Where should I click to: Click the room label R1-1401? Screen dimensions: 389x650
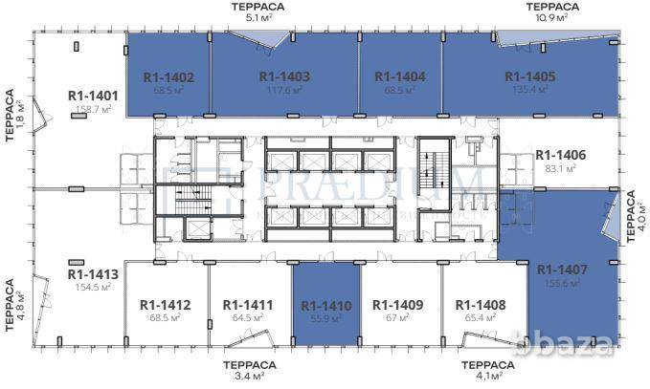(x=93, y=96)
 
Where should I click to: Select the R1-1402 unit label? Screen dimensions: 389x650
(x=168, y=77)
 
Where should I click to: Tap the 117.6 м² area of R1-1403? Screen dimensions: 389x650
(x=284, y=89)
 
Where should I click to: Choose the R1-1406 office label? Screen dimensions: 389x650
(x=561, y=154)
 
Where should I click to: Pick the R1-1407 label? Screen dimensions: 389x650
(x=561, y=270)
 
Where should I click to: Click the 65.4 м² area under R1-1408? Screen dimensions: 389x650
(x=480, y=318)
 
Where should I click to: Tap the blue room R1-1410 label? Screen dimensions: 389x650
(x=325, y=306)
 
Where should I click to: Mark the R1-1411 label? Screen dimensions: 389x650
(x=248, y=306)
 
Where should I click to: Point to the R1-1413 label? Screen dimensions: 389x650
(x=93, y=273)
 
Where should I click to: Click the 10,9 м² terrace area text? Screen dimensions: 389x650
(x=550, y=17)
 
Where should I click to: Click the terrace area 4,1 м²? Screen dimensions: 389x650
(x=488, y=377)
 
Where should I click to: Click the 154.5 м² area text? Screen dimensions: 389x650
(x=93, y=286)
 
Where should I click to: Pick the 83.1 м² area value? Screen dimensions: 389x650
(x=561, y=167)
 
